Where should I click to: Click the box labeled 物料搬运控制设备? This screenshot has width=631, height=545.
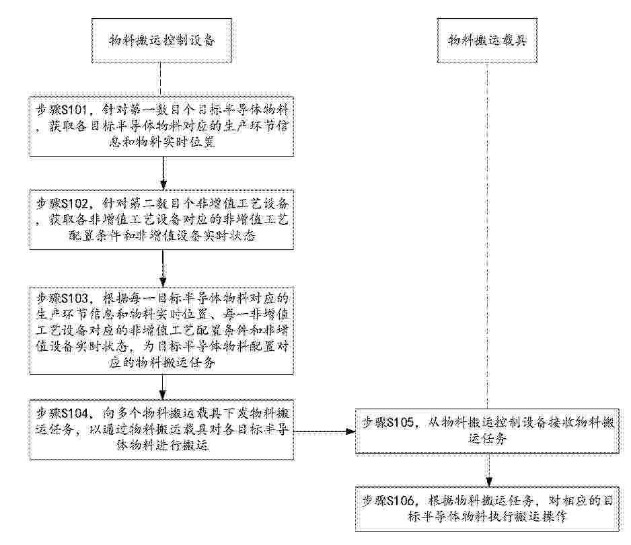click(x=161, y=40)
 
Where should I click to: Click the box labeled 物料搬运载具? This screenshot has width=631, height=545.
click(x=487, y=40)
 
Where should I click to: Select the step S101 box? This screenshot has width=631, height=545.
click(x=161, y=126)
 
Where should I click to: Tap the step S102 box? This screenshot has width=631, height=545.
click(x=161, y=220)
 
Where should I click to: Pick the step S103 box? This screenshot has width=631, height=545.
click(x=161, y=331)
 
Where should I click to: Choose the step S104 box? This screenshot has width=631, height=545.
click(x=161, y=429)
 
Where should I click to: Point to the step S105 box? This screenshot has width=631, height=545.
click(x=487, y=431)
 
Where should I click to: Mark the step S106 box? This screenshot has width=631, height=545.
click(x=487, y=509)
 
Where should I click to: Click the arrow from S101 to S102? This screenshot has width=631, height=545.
click(x=163, y=173)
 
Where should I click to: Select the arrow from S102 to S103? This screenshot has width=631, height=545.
click(x=163, y=267)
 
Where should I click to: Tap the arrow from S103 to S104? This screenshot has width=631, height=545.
click(x=163, y=387)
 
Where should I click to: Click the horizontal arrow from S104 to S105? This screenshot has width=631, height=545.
click(x=325, y=431)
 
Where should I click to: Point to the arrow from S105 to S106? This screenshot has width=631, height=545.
click(x=488, y=470)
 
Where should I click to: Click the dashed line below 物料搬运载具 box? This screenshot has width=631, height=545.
click(x=487, y=236)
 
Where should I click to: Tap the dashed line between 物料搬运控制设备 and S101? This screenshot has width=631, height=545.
click(x=161, y=79)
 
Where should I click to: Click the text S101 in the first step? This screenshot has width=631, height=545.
click(x=75, y=110)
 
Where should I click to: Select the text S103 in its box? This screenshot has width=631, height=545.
click(x=75, y=298)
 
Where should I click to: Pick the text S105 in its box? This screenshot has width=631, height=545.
click(x=400, y=423)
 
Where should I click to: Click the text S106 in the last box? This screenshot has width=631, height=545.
click(x=400, y=501)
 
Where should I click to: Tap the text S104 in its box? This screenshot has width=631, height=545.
click(x=75, y=413)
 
